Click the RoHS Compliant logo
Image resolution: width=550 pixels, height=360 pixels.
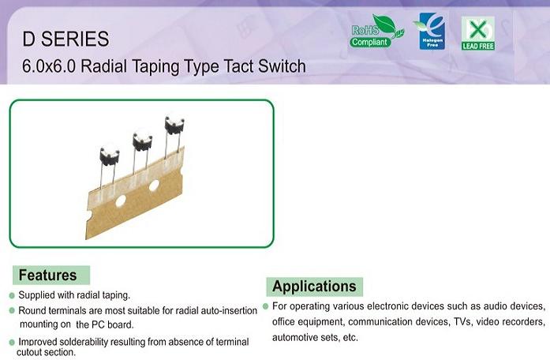[x=376, y=32]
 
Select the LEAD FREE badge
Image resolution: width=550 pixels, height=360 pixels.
[x=477, y=33]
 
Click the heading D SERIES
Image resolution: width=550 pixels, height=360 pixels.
[x=65, y=39]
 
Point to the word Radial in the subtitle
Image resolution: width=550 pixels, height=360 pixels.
[x=103, y=66]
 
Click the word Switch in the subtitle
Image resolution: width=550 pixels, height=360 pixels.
[x=282, y=66]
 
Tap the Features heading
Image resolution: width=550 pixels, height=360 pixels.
[x=47, y=275]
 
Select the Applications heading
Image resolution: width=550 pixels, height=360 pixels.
[x=314, y=287]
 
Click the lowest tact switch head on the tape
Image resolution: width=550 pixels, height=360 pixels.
[x=110, y=154]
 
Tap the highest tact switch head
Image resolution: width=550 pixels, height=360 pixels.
[x=174, y=124]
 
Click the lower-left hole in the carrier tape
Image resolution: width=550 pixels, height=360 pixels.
[x=121, y=201]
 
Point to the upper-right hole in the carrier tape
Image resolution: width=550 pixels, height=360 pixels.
[x=154, y=186]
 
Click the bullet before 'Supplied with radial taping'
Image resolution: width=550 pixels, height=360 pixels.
[x=12, y=296]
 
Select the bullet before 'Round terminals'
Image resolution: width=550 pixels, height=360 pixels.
[x=12, y=310]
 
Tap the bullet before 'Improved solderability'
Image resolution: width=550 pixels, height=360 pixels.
[x=12, y=342]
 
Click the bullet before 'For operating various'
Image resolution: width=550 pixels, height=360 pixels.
[x=265, y=306]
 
